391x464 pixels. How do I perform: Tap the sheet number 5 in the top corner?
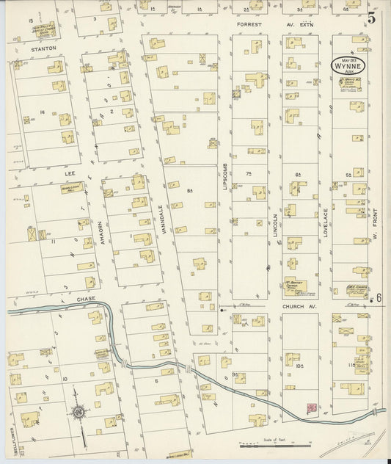coord(372,18)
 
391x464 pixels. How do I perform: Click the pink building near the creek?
coord(311,407)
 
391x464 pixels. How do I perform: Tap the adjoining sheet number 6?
coord(379,297)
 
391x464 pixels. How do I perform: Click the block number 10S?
coord(299,364)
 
